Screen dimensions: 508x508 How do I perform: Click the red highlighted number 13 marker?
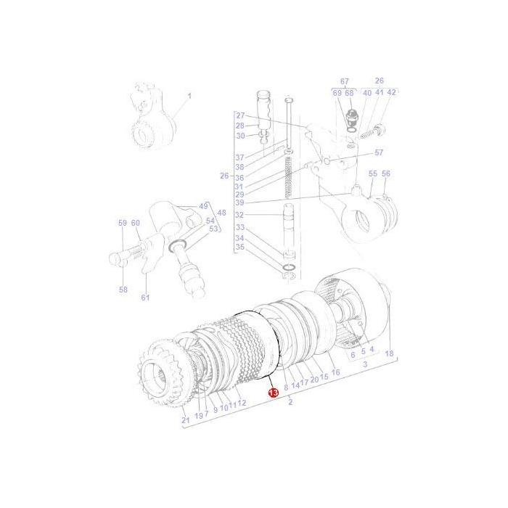[x=273, y=393]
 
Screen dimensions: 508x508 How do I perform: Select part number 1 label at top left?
[x=189, y=95]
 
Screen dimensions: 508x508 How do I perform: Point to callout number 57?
[x=378, y=152]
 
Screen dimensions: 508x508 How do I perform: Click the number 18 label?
[x=389, y=353]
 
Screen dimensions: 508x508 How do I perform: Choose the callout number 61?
[x=145, y=298]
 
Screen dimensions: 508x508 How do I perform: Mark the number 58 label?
[x=123, y=290]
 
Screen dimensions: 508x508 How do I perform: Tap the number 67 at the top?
[x=344, y=81]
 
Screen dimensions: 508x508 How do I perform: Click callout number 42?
[x=391, y=93]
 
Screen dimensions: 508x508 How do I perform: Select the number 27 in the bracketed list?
[x=240, y=115]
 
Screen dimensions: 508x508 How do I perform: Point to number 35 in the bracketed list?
[x=240, y=247]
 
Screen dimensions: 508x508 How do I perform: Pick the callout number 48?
[x=221, y=213]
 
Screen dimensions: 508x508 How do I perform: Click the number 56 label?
[x=385, y=174]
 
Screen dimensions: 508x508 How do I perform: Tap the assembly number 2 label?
[x=290, y=402]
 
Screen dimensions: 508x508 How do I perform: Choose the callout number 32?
[x=240, y=215]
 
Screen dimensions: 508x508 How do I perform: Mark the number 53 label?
[x=213, y=229]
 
